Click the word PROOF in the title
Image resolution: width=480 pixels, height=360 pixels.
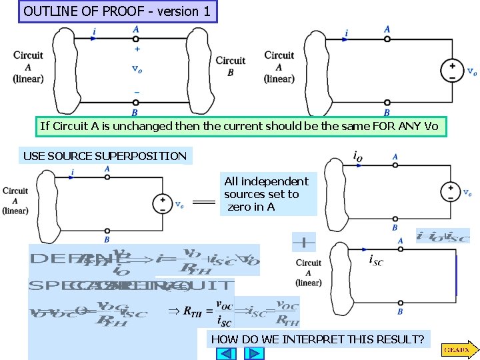coord(127,11)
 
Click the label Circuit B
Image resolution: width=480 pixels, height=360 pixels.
coord(231,66)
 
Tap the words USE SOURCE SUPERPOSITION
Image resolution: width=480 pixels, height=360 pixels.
coord(105,156)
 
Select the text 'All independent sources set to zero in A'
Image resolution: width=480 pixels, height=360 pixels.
coord(266,194)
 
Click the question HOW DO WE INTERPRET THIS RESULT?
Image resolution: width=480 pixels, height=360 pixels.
coord(317,339)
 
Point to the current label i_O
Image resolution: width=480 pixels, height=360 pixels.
coord(358,156)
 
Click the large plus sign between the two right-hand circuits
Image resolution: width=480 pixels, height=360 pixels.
coord(303,241)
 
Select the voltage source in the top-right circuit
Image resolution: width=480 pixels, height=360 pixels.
coord(452,71)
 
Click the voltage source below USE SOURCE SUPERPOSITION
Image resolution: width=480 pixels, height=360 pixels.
coord(161,203)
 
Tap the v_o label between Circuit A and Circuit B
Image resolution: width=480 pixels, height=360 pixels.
coord(136,68)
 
